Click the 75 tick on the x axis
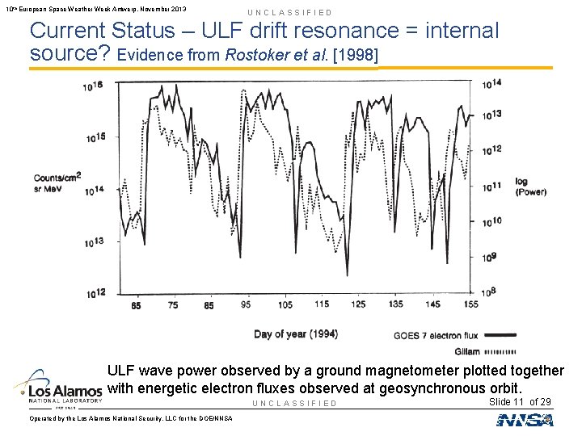173,305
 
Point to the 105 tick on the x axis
285,305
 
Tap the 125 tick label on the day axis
358,305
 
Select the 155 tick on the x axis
470,305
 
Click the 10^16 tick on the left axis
95,86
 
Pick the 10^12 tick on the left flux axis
95,294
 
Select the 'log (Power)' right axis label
530,187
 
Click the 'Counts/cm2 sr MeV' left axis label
57,183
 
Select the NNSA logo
525,419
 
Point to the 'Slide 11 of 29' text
521,401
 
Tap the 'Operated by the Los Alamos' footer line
130,417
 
